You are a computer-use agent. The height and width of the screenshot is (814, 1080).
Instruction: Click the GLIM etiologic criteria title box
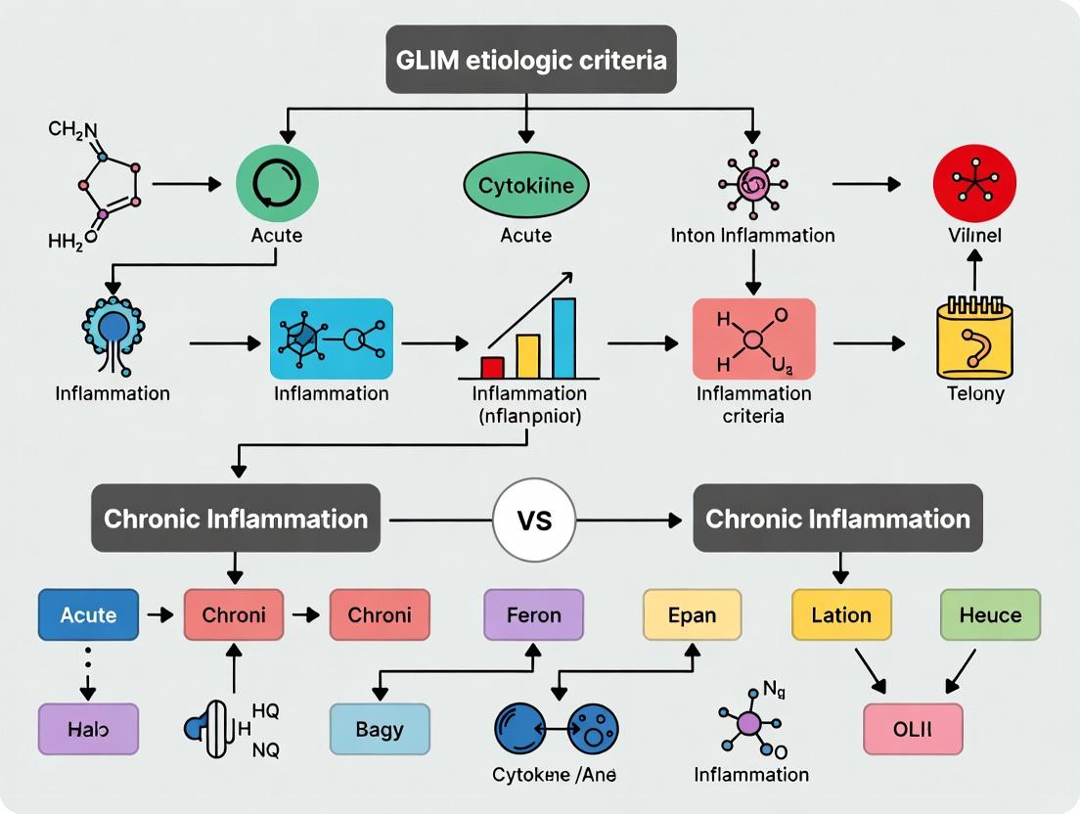click(x=531, y=61)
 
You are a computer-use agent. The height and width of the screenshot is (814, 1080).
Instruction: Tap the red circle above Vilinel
click(x=974, y=184)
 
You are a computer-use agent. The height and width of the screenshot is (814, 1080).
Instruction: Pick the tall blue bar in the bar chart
click(x=563, y=339)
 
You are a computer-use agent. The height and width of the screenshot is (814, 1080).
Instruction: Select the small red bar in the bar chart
click(x=492, y=367)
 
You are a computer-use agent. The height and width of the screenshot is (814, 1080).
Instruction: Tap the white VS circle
click(x=535, y=519)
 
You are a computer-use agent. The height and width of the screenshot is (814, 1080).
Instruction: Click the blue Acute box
click(x=88, y=615)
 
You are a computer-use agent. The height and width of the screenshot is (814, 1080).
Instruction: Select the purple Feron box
click(x=533, y=615)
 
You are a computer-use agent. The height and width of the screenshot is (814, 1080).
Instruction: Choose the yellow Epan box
click(x=692, y=615)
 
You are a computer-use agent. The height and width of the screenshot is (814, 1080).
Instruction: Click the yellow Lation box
click(x=841, y=615)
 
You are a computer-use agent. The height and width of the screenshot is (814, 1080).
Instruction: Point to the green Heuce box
click(x=990, y=615)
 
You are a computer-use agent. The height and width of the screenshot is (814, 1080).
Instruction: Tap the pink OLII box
click(x=913, y=729)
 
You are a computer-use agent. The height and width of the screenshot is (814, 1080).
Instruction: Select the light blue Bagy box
click(x=380, y=730)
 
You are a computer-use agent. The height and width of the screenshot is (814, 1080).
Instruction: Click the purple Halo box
click(x=88, y=730)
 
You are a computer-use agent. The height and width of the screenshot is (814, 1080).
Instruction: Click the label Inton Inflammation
click(x=752, y=236)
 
